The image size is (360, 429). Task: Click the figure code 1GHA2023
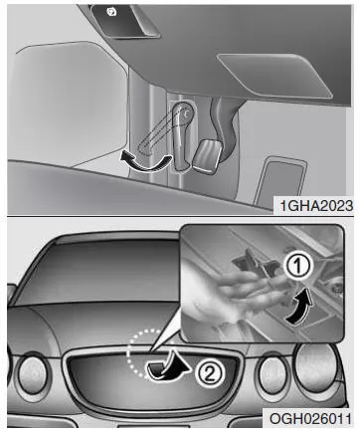tap(316, 206)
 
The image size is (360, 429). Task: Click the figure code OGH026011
tap(310, 418)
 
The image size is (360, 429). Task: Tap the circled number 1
tap(298, 266)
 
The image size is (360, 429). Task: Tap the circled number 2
tap(210, 374)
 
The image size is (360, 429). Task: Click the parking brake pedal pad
tap(208, 156)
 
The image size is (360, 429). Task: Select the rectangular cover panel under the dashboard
tap(274, 76)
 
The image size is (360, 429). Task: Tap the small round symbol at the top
tap(109, 12)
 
